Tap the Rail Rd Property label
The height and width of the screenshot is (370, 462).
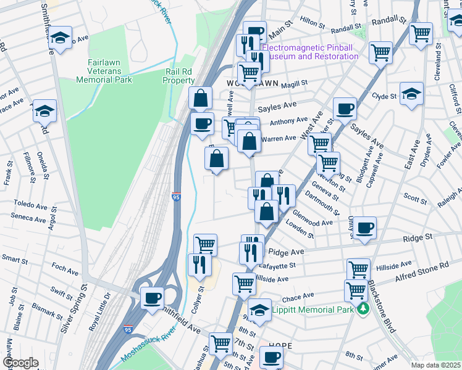pyautogui.click(x=179, y=76)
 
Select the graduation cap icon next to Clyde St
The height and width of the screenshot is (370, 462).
pyautogui.click(x=411, y=94)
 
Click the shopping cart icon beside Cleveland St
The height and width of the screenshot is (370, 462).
pyautogui.click(x=421, y=34)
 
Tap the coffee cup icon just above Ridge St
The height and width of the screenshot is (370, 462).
pyautogui.click(x=364, y=226)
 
